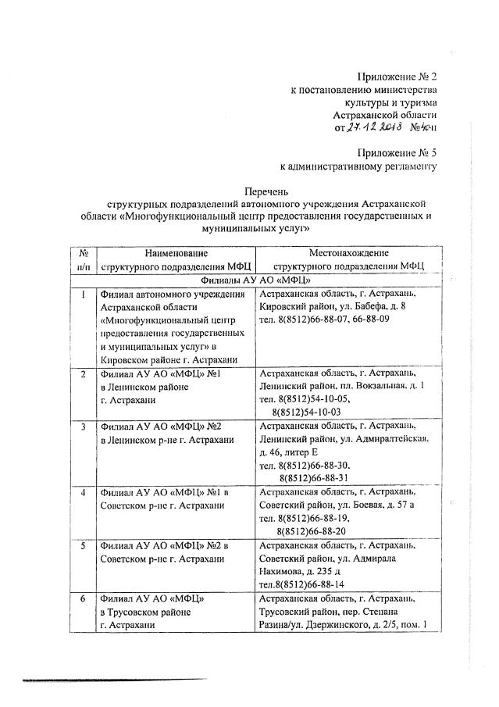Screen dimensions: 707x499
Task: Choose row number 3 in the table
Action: (x=82, y=427)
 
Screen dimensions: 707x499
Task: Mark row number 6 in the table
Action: (x=82, y=598)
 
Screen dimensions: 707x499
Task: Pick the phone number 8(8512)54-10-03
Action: (x=306, y=411)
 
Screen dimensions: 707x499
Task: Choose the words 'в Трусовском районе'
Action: (x=146, y=612)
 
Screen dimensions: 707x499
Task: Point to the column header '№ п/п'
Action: (x=82, y=259)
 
